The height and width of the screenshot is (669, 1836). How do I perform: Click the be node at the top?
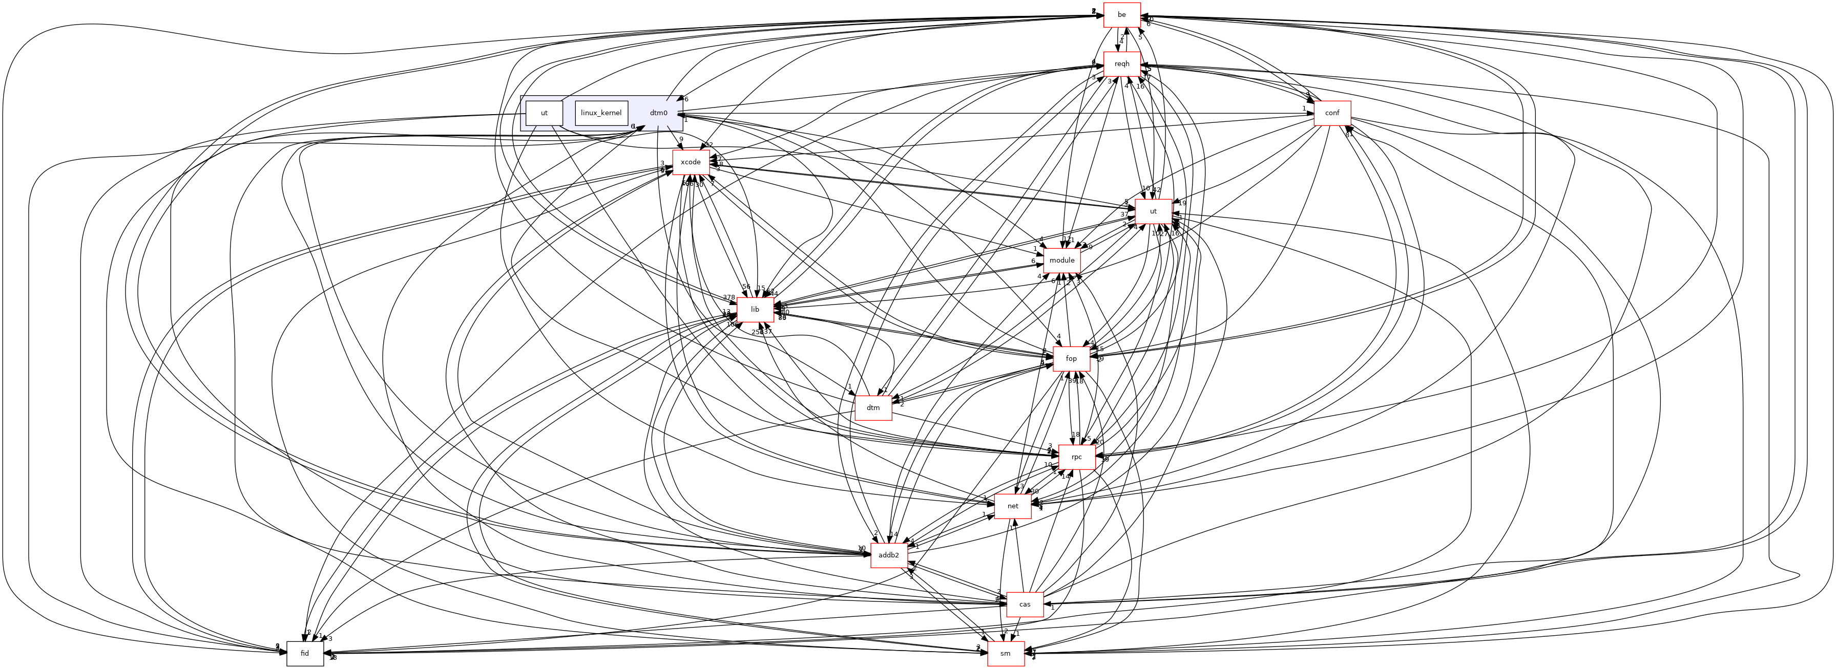1122,15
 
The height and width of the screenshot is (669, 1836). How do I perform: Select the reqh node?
1122,64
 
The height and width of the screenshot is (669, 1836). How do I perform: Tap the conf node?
1332,113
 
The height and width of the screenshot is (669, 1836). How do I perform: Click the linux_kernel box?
601,113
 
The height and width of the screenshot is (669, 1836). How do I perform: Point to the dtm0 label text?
659,113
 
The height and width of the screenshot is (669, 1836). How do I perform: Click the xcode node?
691,162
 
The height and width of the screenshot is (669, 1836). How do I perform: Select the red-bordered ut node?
1153,211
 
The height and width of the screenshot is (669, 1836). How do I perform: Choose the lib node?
755,310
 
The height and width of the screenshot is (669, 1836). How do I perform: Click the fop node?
1071,358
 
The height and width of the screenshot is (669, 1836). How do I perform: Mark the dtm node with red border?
873,407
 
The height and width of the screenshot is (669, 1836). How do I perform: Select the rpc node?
1076,457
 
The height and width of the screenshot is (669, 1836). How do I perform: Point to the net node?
1013,506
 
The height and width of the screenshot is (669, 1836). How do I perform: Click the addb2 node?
889,555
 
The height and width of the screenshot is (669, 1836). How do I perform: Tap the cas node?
1024,604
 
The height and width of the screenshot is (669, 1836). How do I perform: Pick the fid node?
305,653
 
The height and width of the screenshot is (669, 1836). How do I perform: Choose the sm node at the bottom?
1006,653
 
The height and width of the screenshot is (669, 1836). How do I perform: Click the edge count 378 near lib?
728,298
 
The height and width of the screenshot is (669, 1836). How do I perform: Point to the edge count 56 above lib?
745,287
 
